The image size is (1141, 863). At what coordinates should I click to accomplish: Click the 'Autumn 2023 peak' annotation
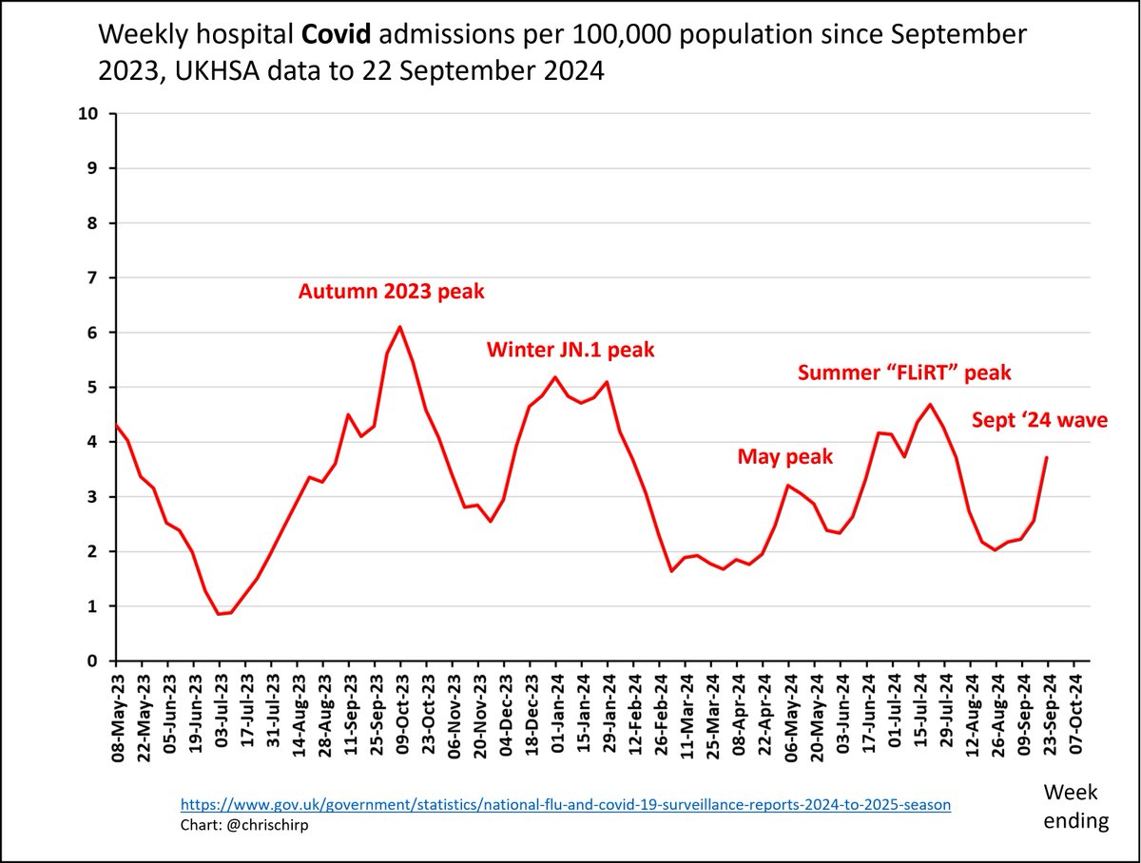(x=392, y=291)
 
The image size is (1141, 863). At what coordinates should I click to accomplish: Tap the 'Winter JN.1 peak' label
(x=570, y=350)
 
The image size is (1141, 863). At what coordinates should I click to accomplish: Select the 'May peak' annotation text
(x=785, y=457)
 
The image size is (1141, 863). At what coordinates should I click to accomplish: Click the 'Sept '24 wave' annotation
(x=1039, y=419)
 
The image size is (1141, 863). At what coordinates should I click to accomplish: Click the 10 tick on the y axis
(x=93, y=114)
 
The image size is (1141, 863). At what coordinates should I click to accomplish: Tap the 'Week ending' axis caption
(x=1075, y=806)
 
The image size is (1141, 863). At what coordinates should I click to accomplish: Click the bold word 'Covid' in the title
(x=334, y=35)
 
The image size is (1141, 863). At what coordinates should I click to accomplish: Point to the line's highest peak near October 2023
(x=399, y=327)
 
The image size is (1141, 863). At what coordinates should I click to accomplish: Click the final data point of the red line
(x=1046, y=457)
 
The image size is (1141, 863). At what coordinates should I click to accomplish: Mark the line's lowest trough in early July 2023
(x=220, y=614)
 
